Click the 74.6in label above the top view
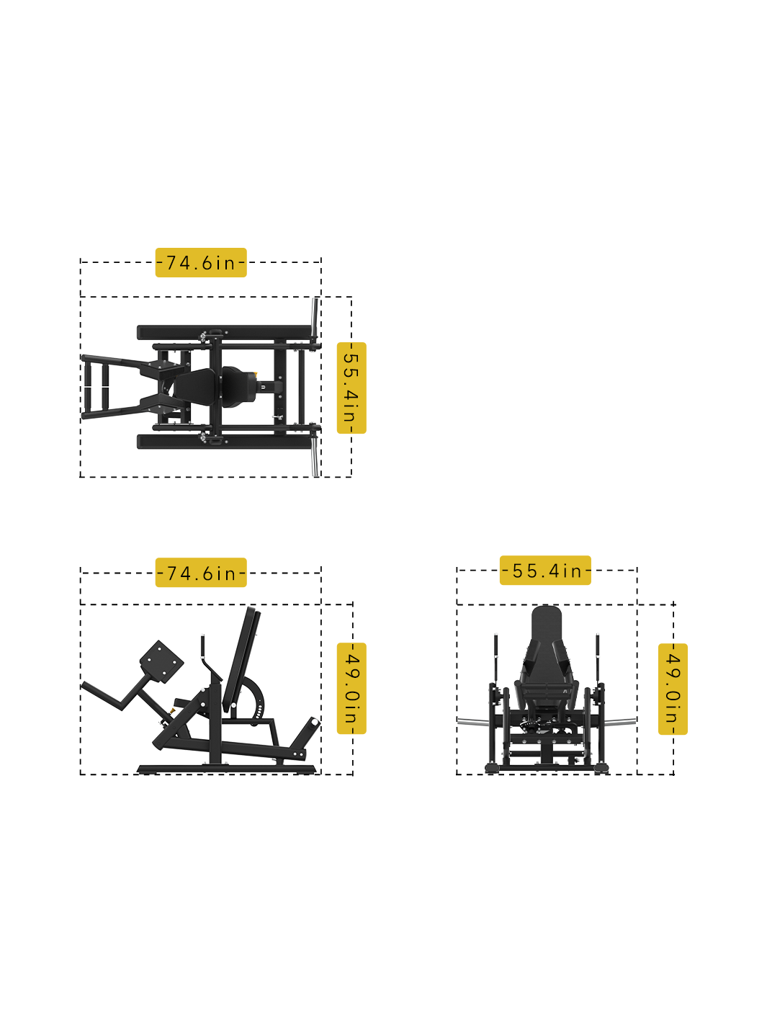pos(201,263)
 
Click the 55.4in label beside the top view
pos(351,388)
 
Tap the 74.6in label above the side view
pos(201,573)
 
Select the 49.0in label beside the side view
pos(351,689)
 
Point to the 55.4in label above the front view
pos(545,571)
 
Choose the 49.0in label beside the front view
pos(673,689)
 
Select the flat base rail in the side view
pos(227,769)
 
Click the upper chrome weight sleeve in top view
pos(315,318)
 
